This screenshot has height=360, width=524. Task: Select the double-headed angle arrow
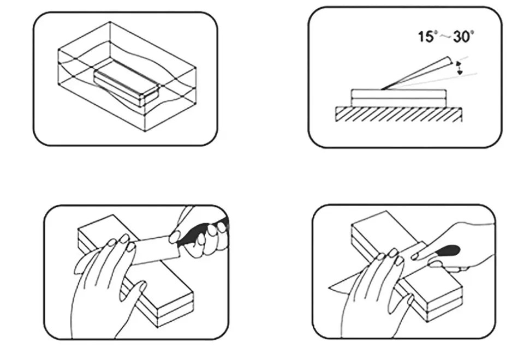459,68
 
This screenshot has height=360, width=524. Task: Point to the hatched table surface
398,114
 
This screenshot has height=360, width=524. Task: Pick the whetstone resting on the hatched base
398,98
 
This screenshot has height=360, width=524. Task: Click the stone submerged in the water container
126,86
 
